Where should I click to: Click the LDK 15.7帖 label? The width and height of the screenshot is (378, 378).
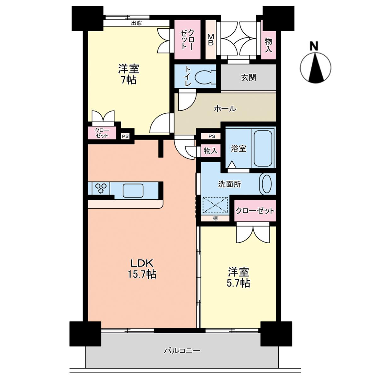[142, 269]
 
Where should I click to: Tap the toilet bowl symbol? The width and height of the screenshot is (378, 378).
[204, 77]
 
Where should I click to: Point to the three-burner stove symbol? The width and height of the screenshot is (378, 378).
[101, 188]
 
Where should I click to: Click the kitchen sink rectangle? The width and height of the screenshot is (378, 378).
[133, 190]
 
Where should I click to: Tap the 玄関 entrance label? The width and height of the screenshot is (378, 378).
[249, 78]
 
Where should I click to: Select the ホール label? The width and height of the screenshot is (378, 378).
[225, 108]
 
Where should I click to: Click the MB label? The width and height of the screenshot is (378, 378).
[210, 40]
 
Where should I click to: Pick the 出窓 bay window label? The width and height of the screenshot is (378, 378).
[136, 23]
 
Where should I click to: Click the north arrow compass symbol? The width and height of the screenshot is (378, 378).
[316, 67]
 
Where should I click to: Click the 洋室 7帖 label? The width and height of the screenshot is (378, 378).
[129, 74]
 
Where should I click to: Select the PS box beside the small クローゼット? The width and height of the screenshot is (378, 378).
[125, 136]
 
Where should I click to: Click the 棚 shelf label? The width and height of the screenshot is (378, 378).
[215, 218]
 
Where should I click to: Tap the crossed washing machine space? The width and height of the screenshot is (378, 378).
[215, 205]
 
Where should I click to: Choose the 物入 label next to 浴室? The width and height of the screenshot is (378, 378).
[211, 151]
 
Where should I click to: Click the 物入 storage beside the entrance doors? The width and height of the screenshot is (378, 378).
[269, 45]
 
